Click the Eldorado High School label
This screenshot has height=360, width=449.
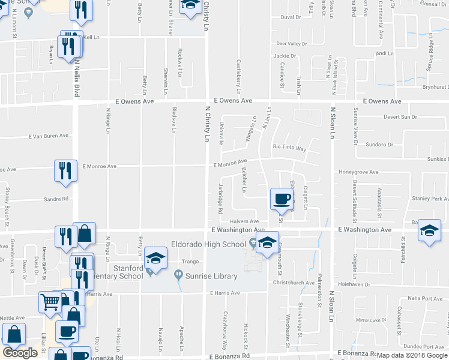click(x=208, y=244)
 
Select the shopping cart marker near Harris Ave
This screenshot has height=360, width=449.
click(x=50, y=302)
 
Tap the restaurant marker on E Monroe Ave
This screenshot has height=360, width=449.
click(x=65, y=170)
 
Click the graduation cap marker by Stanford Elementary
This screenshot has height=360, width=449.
click(x=155, y=259)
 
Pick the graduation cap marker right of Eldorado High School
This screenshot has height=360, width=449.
click(x=268, y=242)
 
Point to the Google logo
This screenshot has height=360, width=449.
click(x=20, y=353)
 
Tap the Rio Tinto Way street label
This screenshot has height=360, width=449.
click(x=289, y=148)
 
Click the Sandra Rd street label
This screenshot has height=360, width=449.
click(x=56, y=199)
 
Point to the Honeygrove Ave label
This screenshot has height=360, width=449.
click(x=358, y=172)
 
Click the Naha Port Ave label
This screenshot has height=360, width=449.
click(x=425, y=298)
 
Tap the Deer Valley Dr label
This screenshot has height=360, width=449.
click(x=291, y=44)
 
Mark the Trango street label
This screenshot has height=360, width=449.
click(x=190, y=262)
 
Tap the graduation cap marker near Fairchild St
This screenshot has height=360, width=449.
click(x=429, y=230)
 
